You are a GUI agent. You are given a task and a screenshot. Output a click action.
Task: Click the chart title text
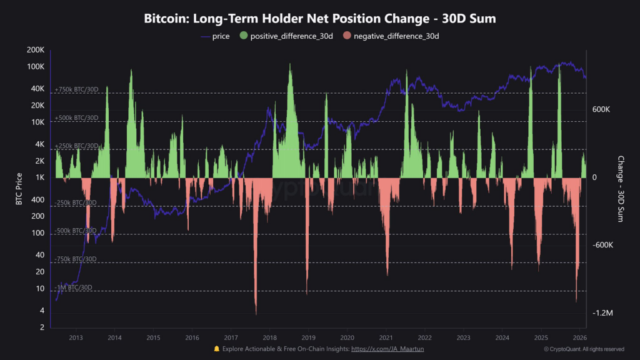click(x=319, y=19)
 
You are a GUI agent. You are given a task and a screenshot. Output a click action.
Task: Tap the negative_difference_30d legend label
click(x=396, y=36)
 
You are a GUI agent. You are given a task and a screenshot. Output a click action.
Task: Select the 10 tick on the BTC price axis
click(x=40, y=289)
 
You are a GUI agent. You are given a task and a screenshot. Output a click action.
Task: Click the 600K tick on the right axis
click(x=601, y=109)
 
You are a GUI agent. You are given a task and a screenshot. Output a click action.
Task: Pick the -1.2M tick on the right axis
click(x=601, y=312)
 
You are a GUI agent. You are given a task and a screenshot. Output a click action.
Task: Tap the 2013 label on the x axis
click(x=76, y=337)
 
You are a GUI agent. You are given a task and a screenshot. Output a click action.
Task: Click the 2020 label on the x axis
click(x=347, y=337)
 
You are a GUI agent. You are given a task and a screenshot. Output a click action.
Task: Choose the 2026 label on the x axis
click(x=579, y=337)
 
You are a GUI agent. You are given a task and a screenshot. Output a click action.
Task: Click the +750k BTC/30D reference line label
click(x=76, y=89)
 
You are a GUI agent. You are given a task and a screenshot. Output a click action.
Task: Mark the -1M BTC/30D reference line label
click(x=73, y=287)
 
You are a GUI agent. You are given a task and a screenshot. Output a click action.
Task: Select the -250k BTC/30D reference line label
click(x=76, y=202)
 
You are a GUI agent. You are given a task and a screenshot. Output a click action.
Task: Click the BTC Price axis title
click(x=19, y=189)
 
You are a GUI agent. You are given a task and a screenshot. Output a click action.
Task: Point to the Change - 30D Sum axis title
click(x=621, y=189)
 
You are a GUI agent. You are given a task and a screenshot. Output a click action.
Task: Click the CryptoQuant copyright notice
click(x=584, y=349)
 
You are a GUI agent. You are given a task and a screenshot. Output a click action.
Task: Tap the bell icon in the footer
click(x=217, y=349)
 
